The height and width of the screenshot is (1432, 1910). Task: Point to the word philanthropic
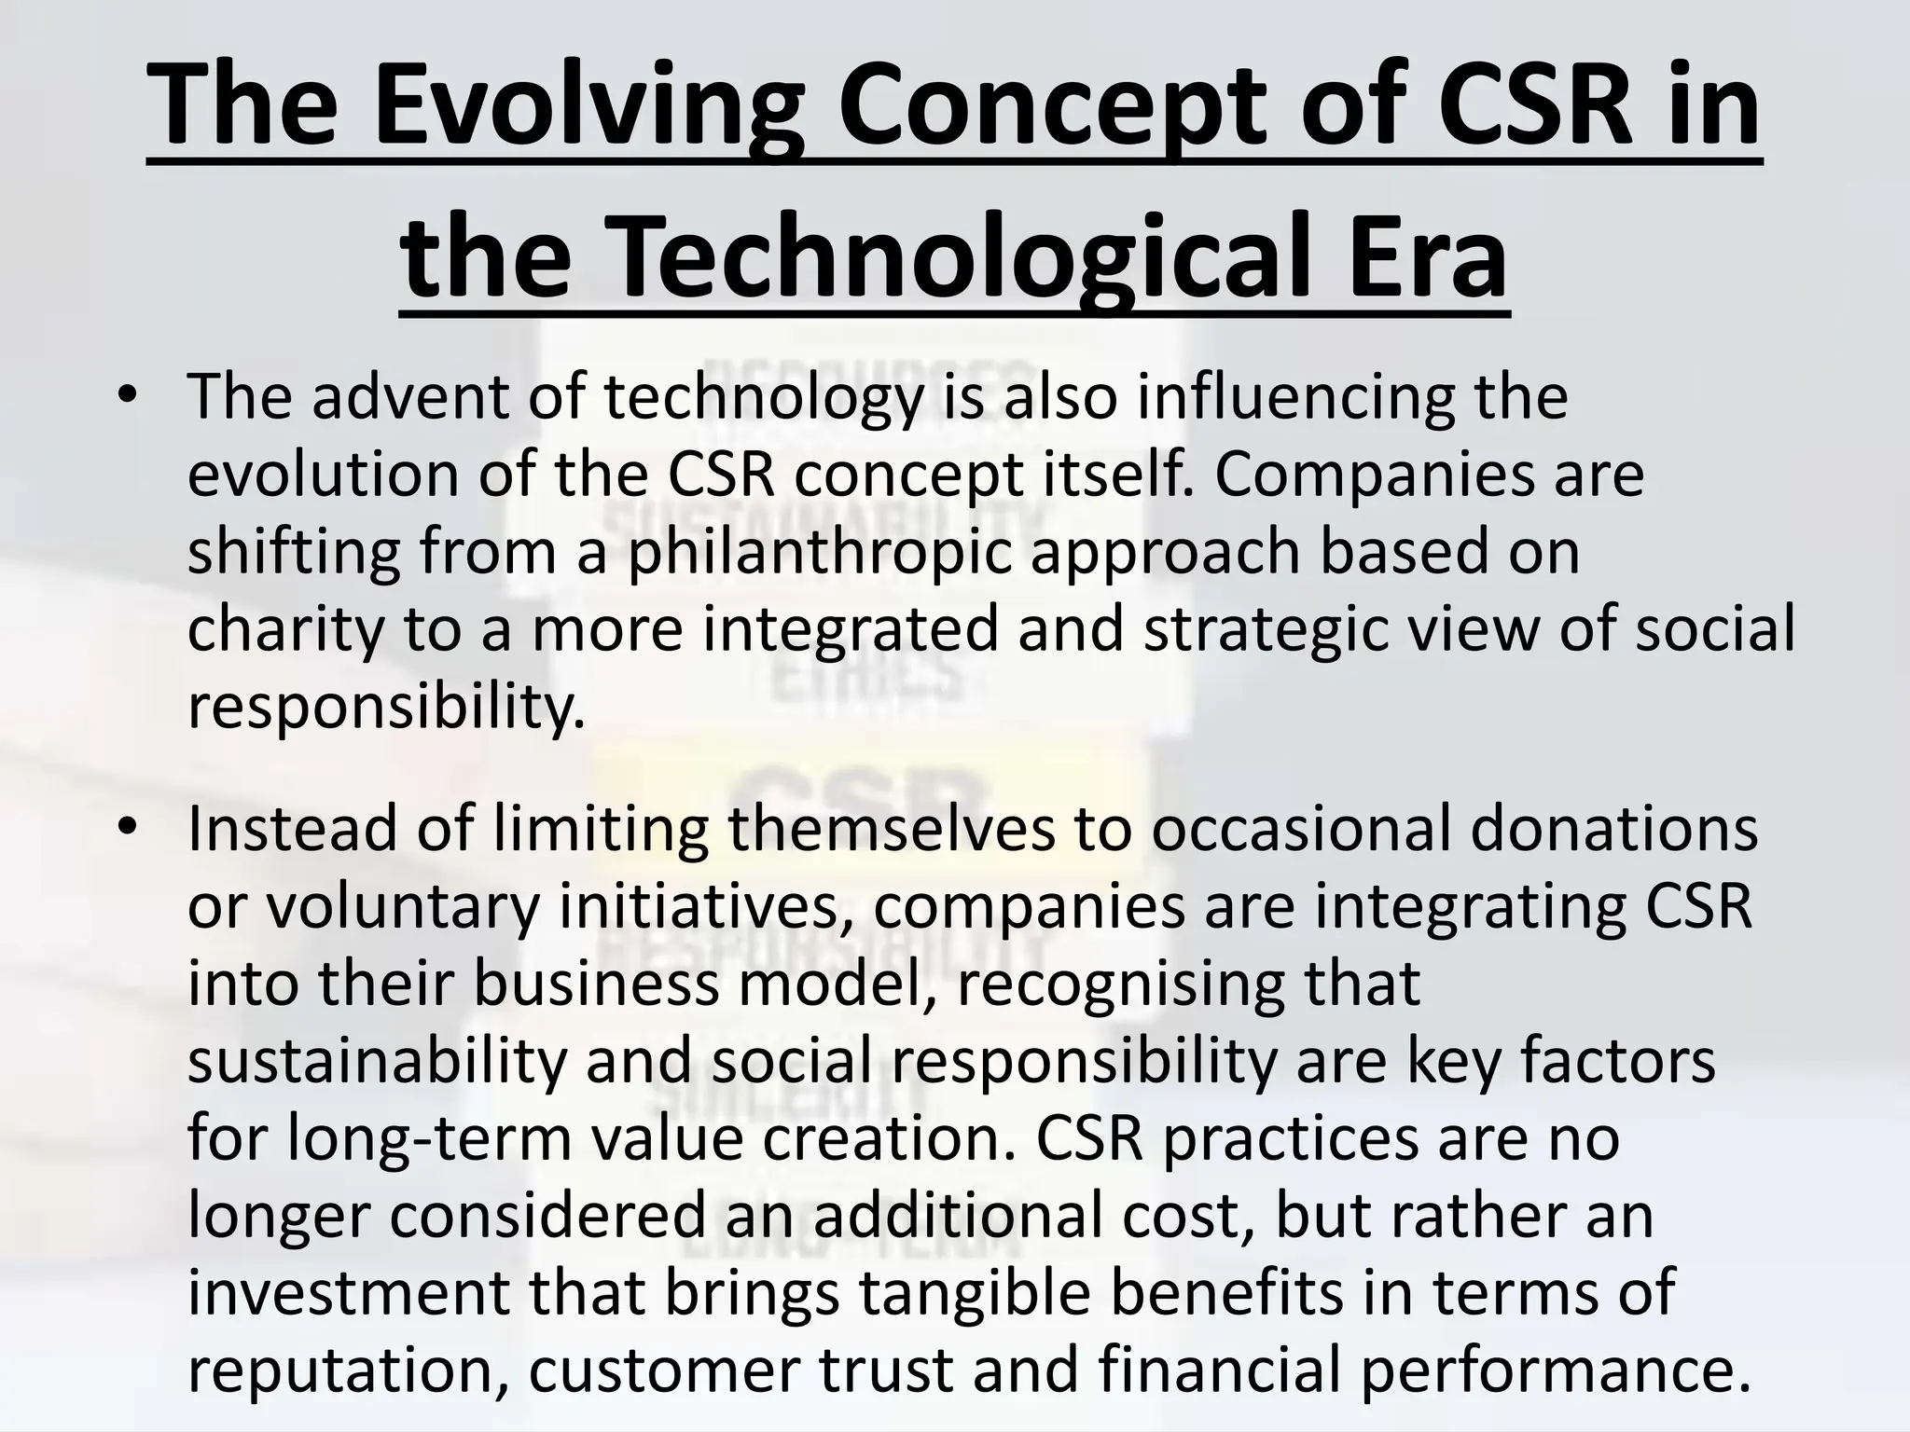pyautogui.click(x=820, y=552)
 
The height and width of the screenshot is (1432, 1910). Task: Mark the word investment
pyautogui.click(x=349, y=1294)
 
